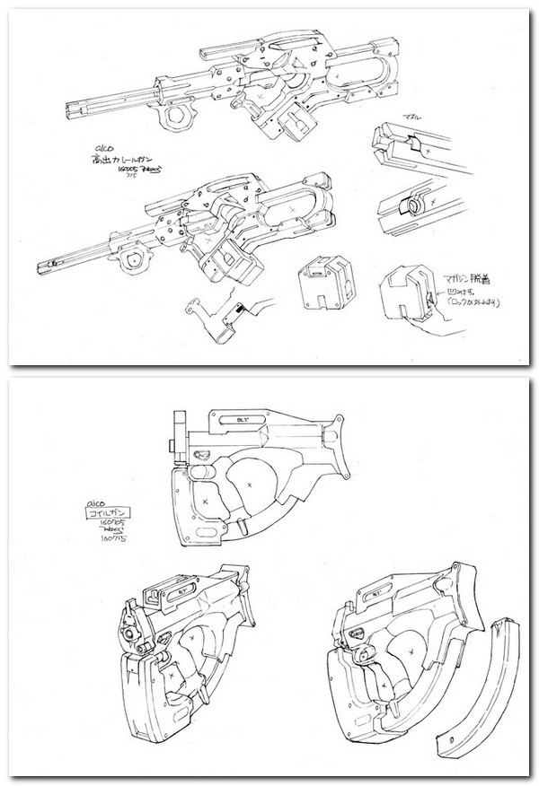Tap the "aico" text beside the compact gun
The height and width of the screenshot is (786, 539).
point(88,505)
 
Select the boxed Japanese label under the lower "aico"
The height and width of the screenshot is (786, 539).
point(102,517)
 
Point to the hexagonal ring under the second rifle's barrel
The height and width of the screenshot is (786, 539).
point(138,261)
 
